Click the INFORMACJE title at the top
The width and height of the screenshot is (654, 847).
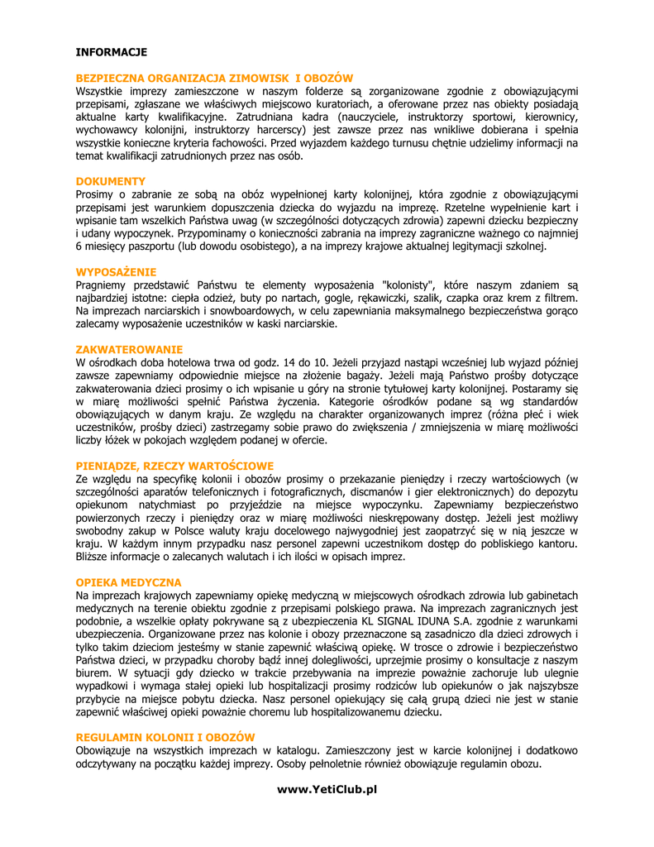tap(112, 52)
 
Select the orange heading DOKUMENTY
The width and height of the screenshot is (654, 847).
tap(111, 181)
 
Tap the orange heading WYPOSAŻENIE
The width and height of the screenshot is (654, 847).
tap(117, 272)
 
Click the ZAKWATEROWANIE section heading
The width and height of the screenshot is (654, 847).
tap(130, 350)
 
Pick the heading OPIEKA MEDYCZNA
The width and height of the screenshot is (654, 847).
tap(129, 583)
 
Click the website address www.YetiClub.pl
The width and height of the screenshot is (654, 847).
tap(327, 789)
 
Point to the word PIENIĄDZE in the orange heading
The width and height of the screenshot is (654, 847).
tap(106, 467)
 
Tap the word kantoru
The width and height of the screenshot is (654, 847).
tap(556, 543)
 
